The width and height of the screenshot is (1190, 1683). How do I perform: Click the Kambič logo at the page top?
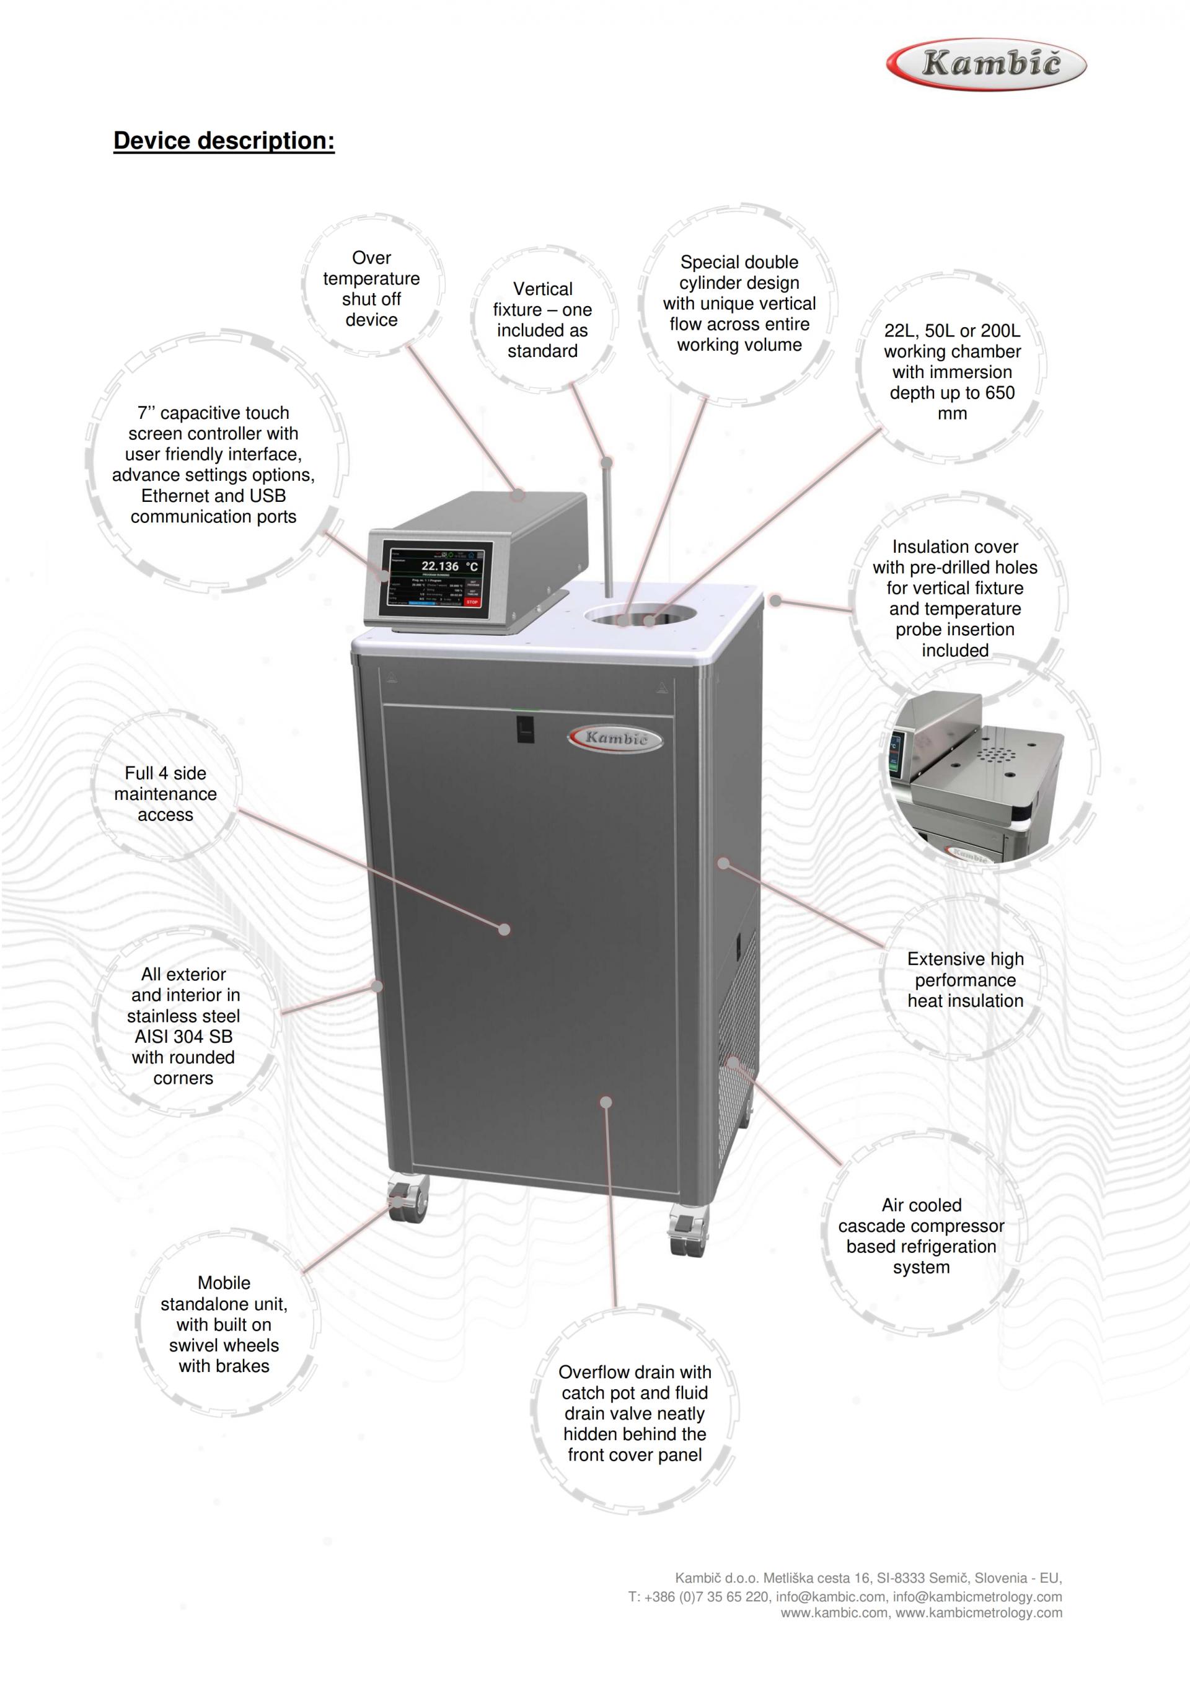[x=986, y=64]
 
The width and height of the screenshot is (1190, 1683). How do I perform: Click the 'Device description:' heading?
[x=224, y=140]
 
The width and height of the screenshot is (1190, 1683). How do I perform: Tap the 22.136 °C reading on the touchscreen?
[x=449, y=566]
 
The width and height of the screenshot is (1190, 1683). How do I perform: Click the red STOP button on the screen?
[x=472, y=602]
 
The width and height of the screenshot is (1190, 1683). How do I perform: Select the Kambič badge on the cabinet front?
[x=616, y=738]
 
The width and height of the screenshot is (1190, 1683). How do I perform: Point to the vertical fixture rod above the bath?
[x=607, y=528]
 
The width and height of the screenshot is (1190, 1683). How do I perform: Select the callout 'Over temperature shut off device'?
[x=371, y=289]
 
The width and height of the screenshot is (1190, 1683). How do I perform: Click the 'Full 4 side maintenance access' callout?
[x=165, y=794]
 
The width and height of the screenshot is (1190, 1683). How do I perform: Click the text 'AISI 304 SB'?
[x=183, y=1037]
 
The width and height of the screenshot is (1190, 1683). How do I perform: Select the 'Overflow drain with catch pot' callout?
[x=634, y=1413]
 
